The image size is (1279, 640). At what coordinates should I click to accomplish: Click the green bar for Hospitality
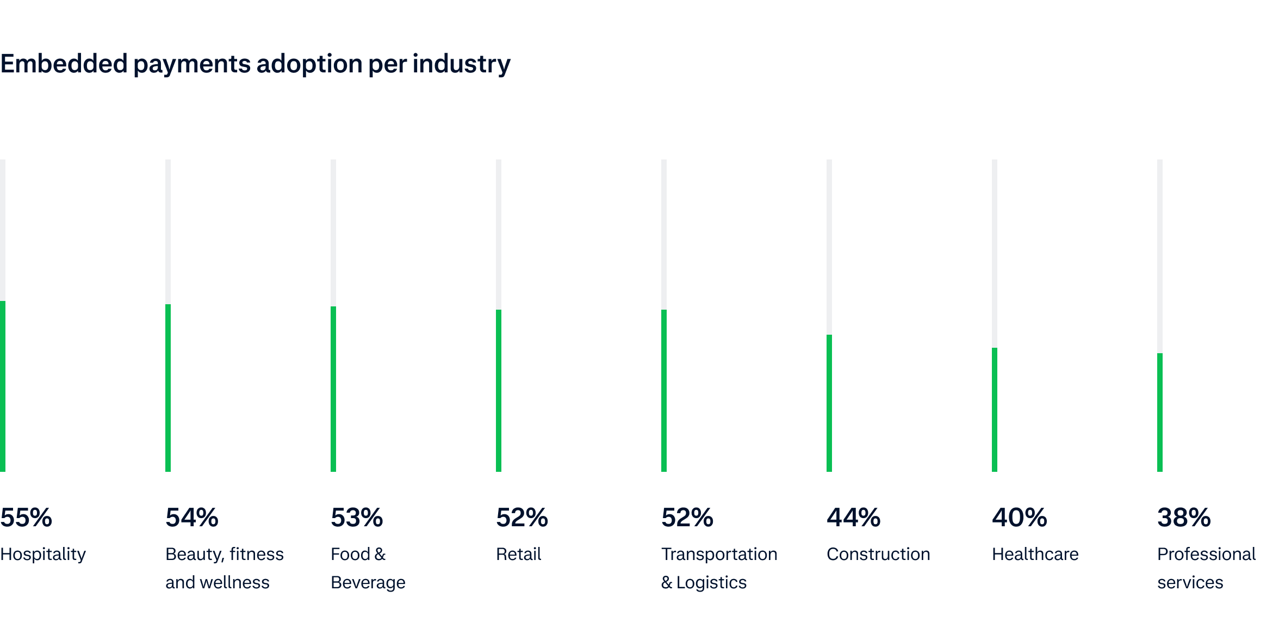3,386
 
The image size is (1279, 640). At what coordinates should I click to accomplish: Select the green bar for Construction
829,403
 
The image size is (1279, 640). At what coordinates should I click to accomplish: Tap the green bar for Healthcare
995,410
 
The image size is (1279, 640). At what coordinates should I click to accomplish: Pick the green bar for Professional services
1160,413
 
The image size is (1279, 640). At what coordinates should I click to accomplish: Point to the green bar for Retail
499,391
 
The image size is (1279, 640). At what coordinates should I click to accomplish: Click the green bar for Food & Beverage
333,389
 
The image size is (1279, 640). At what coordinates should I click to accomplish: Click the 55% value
26,518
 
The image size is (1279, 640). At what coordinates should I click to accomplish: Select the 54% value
192,518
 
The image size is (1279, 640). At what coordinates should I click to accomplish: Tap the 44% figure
853,518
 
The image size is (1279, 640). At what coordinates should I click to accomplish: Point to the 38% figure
1184,518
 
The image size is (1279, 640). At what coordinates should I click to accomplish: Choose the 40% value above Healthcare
1019,518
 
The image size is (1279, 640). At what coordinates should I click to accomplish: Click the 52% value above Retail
522,518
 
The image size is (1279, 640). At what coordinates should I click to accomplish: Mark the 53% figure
357,518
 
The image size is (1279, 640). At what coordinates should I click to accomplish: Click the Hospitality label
43,555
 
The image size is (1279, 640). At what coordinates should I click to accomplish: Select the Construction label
878,554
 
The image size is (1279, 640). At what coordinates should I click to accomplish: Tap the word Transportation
719,554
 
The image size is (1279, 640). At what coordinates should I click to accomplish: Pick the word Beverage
368,583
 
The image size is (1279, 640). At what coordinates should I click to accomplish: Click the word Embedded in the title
64,64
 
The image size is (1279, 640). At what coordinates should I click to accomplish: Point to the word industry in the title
461,64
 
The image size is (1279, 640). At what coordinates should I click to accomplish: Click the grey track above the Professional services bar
1160,256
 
